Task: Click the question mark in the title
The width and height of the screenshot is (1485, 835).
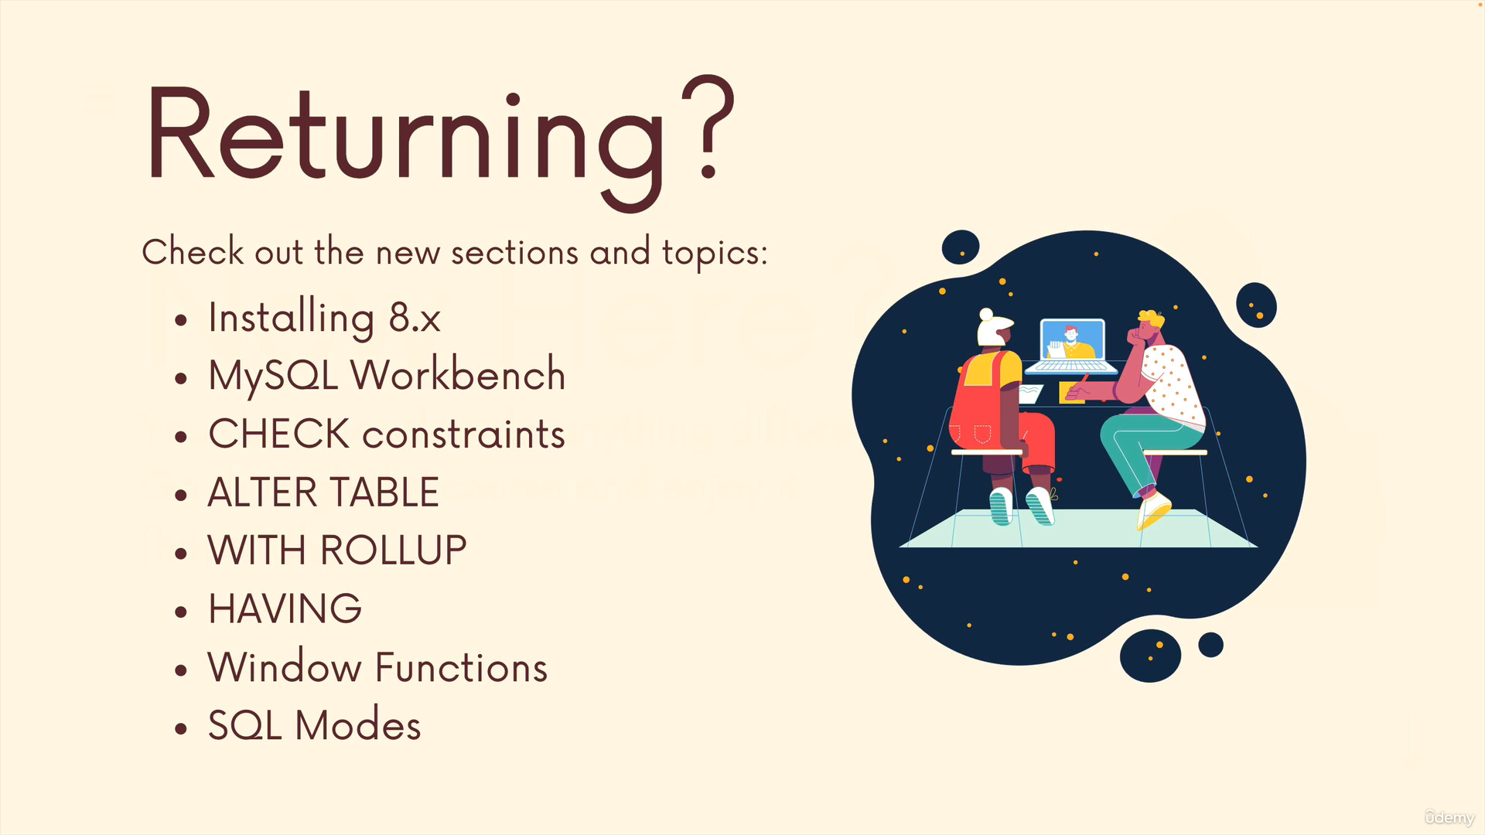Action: pos(707,128)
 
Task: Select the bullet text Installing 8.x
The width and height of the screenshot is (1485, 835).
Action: pos(324,318)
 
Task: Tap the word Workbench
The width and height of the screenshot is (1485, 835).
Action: pos(458,375)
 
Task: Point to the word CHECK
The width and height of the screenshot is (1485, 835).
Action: pos(279,434)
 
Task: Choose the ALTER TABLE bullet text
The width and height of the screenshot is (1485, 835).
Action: pos(323,492)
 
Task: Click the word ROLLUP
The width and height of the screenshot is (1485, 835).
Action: pos(393,550)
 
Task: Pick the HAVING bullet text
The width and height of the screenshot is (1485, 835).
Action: pos(285,608)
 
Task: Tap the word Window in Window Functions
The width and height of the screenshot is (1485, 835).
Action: pos(284,666)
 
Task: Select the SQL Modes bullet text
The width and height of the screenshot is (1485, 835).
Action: pos(314,725)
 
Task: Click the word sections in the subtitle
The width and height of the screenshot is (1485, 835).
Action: pos(514,253)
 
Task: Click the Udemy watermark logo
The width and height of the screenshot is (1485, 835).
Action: pos(1449,817)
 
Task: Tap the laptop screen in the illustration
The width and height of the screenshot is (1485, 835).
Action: pos(1072,341)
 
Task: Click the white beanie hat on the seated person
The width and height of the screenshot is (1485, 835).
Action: pos(993,328)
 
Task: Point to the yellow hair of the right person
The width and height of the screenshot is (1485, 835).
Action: pos(1151,319)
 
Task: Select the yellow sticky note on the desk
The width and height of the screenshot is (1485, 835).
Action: pos(1071,392)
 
